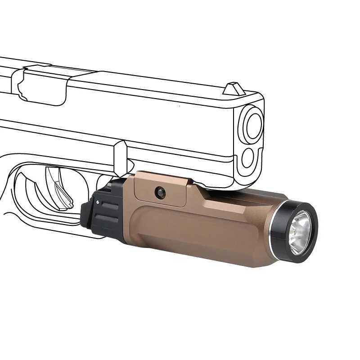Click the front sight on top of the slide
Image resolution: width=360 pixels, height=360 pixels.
pyautogui.click(x=234, y=89)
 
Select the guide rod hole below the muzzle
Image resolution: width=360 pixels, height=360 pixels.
pyautogui.click(x=248, y=158)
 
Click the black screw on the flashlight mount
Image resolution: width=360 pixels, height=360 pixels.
pyautogui.click(x=160, y=193)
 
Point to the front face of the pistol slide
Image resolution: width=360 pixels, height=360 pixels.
pyautogui.click(x=250, y=139)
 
